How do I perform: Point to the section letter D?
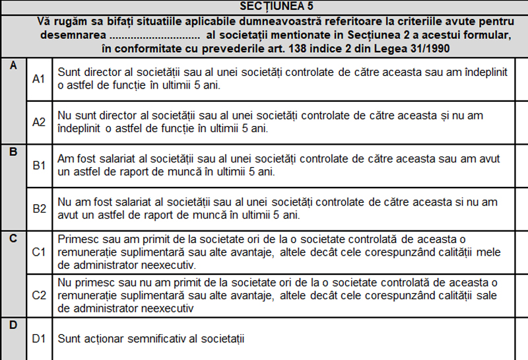point(13,325)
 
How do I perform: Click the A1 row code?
point(39,79)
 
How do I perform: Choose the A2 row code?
point(39,122)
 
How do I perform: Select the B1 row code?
point(39,165)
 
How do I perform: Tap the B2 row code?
point(39,209)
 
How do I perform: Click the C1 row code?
point(39,252)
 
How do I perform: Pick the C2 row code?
point(39,295)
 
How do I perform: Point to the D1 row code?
point(39,339)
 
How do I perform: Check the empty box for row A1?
point(521,79)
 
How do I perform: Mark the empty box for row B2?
point(521,209)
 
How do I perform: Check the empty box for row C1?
point(521,252)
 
